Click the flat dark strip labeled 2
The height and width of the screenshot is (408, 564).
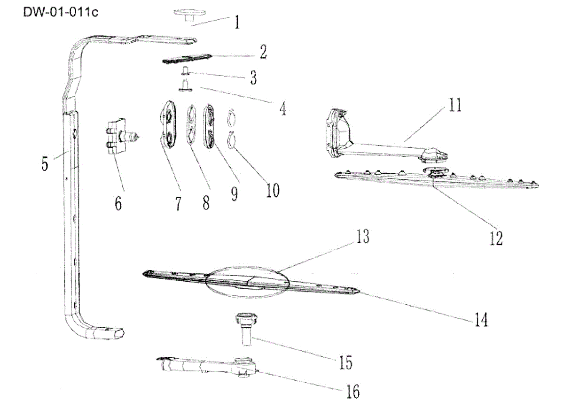pos(187,59)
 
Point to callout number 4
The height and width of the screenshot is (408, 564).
pos(282,109)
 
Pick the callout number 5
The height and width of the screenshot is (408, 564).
pos(45,165)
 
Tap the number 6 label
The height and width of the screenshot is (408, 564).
pos(117,203)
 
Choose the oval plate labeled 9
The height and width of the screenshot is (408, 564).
pos(210,126)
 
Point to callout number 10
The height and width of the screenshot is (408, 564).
pos(273,190)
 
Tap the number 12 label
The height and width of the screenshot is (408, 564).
pos(496,238)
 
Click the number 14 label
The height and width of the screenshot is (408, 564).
pos(480,320)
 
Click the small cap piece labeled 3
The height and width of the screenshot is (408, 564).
pos(185,71)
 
